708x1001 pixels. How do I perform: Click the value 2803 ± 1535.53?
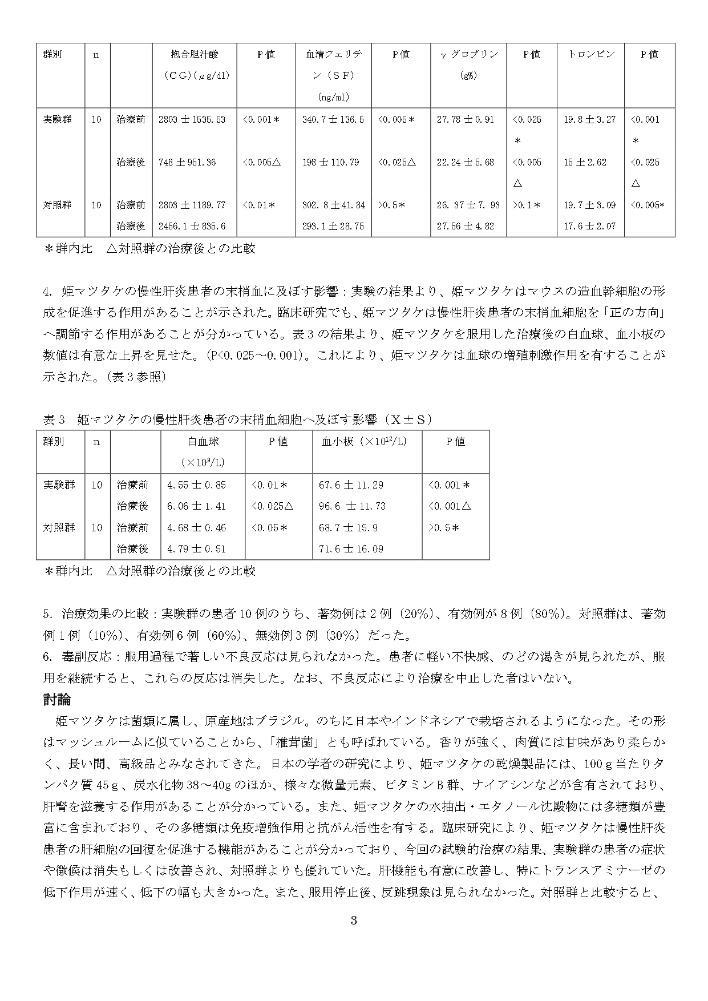[x=192, y=120]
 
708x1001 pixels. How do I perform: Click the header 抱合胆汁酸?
[x=194, y=55]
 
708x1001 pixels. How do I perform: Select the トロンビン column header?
[x=590, y=55]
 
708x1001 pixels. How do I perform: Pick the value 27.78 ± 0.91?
[x=466, y=120]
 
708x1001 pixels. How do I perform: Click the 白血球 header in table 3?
[x=203, y=442]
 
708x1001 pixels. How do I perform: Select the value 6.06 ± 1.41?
[x=196, y=506]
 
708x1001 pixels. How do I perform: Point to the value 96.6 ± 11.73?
[x=352, y=506]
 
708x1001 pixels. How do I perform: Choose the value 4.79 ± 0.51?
[x=196, y=549]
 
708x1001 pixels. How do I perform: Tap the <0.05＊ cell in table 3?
[x=269, y=528]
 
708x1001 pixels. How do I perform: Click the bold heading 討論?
[x=56, y=700]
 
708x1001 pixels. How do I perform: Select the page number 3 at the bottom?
[x=354, y=921]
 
